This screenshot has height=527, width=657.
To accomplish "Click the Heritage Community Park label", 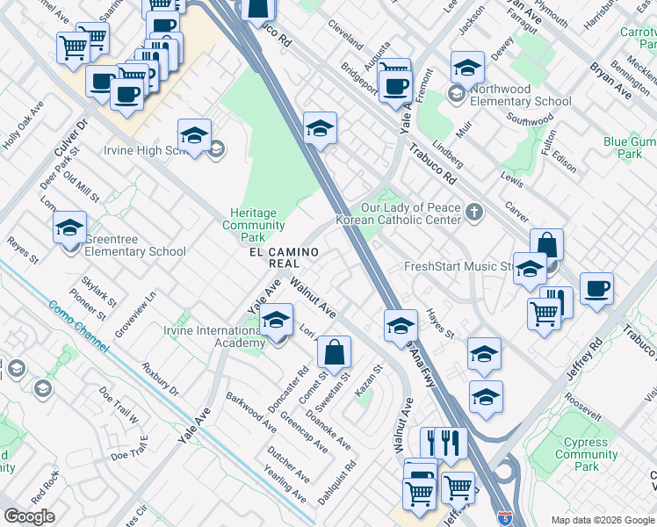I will [x=253, y=225].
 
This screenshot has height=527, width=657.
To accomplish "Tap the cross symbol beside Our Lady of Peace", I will [x=474, y=210].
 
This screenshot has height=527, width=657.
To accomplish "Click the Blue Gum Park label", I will [x=629, y=147].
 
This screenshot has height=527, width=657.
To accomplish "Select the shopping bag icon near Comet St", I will [x=335, y=354].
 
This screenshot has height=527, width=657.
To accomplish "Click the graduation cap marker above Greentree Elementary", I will [x=69, y=228].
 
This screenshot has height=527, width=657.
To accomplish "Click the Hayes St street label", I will [x=438, y=322].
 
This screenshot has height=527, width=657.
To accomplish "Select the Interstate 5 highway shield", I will [x=506, y=518].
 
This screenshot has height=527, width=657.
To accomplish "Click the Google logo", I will [x=30, y=516].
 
